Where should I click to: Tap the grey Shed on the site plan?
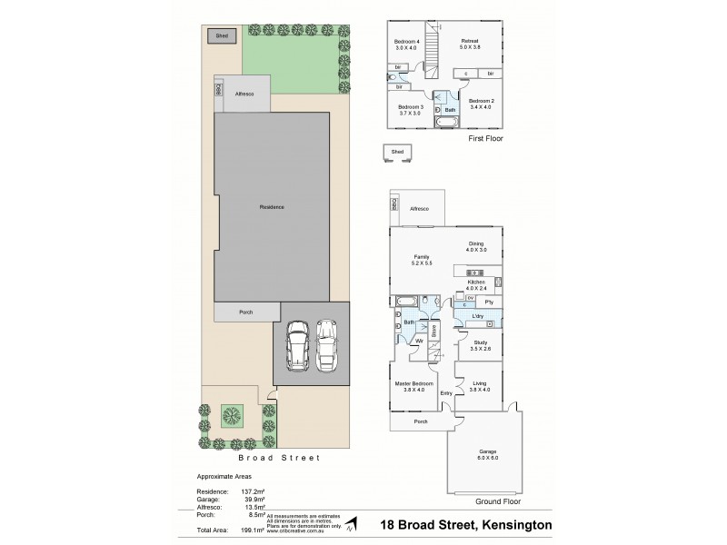click(222, 36)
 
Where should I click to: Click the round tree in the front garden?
click(233, 417)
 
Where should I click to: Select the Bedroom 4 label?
click(407, 43)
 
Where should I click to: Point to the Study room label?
click(481, 342)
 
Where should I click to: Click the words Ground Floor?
click(497, 500)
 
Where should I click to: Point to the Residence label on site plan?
click(272, 207)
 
